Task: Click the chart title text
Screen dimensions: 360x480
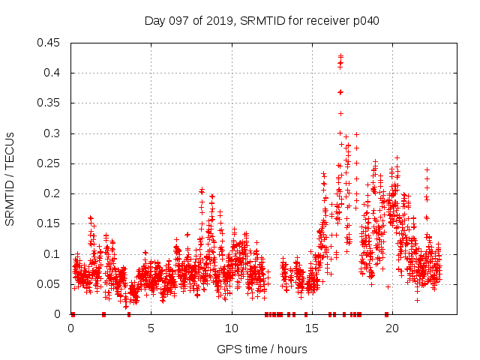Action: (262, 20)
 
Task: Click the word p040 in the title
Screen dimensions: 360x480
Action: (366, 20)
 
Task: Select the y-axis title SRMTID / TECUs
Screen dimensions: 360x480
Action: (10, 178)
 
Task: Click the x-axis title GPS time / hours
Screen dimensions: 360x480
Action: (262, 349)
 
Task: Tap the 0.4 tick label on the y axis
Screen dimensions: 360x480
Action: (52, 73)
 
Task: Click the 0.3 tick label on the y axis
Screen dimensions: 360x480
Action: (52, 133)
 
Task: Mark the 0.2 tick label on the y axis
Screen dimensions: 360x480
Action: (52, 193)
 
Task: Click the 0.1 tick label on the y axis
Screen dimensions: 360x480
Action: (52, 254)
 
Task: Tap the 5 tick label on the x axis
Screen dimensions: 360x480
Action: (151, 328)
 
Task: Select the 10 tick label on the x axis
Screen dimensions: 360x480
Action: (232, 328)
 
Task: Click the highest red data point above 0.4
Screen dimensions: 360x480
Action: (340, 56)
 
